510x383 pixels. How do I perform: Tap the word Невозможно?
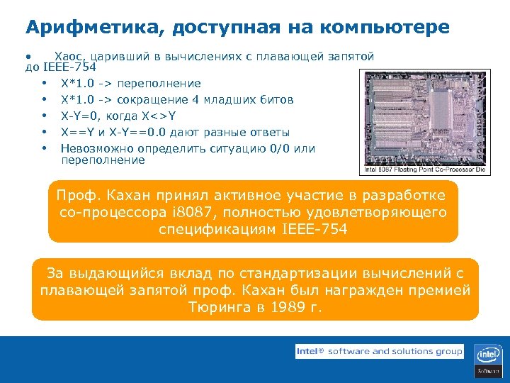92,149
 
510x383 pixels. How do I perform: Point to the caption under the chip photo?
423,170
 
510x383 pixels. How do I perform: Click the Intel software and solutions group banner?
379,351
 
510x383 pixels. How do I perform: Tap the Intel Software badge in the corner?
488,360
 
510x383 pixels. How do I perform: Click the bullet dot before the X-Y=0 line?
44,116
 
